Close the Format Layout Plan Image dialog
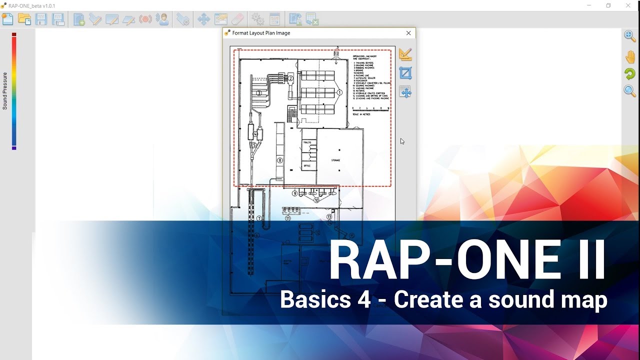coord(408,33)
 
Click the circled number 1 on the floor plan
coord(339,92)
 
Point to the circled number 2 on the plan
coord(290,77)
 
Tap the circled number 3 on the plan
coord(259,93)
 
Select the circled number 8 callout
coord(280,160)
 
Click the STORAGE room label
coord(335,160)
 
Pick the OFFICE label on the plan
coord(307,165)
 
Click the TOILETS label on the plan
coord(307,143)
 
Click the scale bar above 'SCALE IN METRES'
coord(370,108)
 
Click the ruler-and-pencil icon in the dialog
coord(405,54)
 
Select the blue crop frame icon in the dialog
coord(405,73)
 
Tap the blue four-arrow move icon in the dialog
coord(405,92)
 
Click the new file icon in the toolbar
coord(7,19)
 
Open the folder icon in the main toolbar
coord(24,19)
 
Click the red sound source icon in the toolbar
coord(145,19)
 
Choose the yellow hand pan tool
coord(630,56)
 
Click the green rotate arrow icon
coord(630,74)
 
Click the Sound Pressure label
coord(5,91)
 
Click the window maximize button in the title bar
coord(608,5)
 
